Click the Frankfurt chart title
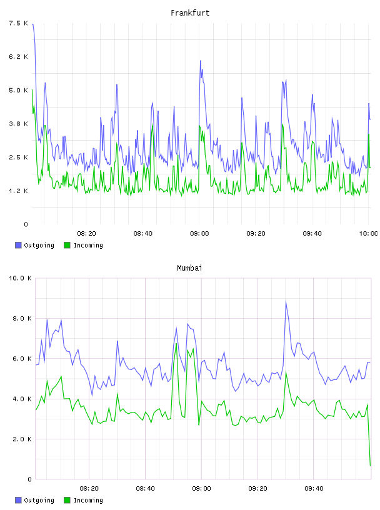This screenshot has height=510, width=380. [190, 13]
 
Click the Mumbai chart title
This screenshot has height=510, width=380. [189, 268]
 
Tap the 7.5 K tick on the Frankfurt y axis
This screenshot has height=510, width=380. [19, 23]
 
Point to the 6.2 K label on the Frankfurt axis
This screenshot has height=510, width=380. [19, 57]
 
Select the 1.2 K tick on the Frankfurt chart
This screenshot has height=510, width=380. [19, 191]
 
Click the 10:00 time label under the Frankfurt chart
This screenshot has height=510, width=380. [368, 233]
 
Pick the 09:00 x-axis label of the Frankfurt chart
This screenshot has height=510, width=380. [199, 233]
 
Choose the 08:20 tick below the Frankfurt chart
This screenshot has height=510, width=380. [86, 233]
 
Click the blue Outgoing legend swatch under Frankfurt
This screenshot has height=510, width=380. [18, 245]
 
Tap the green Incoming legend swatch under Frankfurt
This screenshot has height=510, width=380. [67, 245]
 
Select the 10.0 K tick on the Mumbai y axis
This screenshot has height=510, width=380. [20, 278]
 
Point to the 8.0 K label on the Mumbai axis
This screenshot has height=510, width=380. [22, 318]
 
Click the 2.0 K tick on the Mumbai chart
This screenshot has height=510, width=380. [22, 439]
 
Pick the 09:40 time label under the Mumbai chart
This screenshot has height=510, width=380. [314, 488]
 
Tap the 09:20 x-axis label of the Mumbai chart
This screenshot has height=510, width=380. [257, 488]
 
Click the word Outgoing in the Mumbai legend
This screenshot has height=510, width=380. [39, 500]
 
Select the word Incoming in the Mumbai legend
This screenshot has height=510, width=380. [88, 500]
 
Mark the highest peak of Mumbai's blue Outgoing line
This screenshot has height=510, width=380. [286, 301]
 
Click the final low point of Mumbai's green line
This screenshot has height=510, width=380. [370, 466]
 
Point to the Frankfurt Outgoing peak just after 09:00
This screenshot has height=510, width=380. [201, 61]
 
